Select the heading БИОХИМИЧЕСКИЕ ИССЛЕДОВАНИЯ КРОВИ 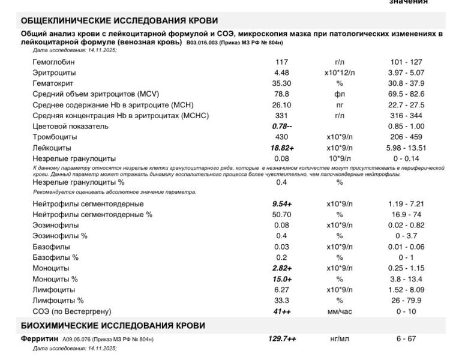click(x=113, y=325)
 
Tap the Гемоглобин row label click(x=55, y=62)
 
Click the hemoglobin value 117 click(x=282, y=62)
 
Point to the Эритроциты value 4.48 click(x=282, y=73)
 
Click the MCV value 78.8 click(x=282, y=94)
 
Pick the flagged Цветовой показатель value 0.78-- click(x=282, y=127)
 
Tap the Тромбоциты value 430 click(x=282, y=137)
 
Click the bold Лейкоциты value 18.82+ click(x=282, y=148)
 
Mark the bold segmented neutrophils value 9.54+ click(x=282, y=204)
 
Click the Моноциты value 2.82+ click(x=282, y=268)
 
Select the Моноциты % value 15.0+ click(x=282, y=279)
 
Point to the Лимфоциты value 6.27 click(x=282, y=290)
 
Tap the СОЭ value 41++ click(x=282, y=311)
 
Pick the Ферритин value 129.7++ click(x=282, y=339)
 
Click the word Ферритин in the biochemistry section click(x=40, y=339)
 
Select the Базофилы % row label click(x=55, y=257)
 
